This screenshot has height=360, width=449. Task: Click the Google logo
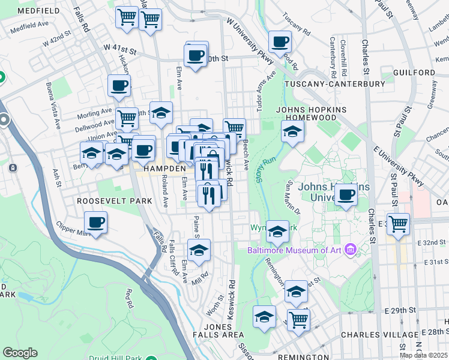click(x=20, y=353)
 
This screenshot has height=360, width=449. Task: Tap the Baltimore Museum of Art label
click(x=297, y=249)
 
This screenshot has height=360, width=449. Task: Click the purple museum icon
click(x=351, y=248)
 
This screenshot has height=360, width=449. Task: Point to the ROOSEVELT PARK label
click(x=114, y=201)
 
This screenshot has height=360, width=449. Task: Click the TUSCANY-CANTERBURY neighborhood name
click(x=334, y=84)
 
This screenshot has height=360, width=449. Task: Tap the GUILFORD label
click(x=414, y=73)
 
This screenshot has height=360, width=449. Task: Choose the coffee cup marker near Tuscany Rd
click(x=280, y=43)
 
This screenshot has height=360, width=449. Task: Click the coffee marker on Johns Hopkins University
click(x=346, y=195)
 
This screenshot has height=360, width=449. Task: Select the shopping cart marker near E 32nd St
click(x=398, y=225)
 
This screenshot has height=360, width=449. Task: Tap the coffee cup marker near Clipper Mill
click(x=96, y=223)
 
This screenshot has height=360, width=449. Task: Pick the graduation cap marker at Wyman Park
click(x=277, y=231)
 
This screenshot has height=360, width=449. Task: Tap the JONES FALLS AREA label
click(x=218, y=334)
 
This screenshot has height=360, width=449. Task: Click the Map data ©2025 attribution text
click(x=424, y=355)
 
